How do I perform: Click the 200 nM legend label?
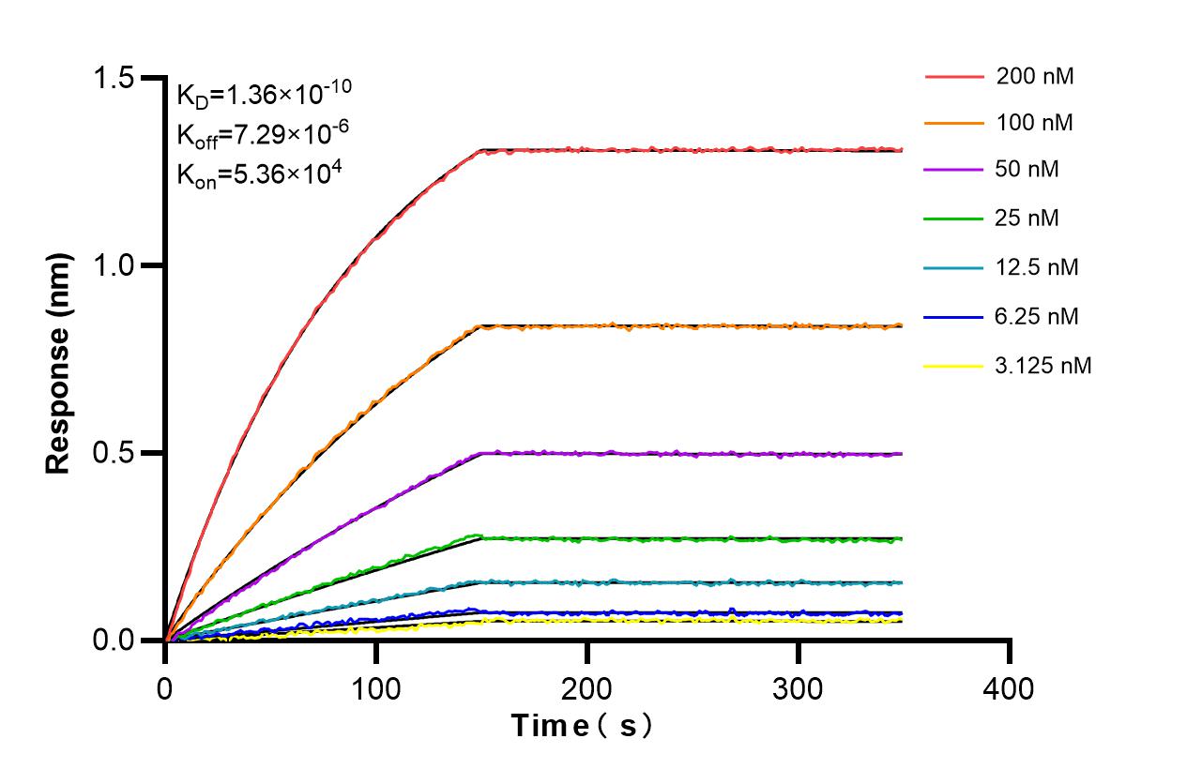coord(1035,77)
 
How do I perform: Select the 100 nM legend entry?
coord(1035,123)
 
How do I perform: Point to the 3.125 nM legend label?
coord(1043,366)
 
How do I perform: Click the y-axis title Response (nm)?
coord(59,363)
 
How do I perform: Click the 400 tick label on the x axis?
coord(1009,689)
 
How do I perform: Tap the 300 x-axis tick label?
coord(798,689)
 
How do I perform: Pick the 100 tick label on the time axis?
coord(376,689)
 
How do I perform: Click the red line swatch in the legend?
coord(952,77)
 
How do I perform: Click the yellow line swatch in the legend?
coord(952,366)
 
